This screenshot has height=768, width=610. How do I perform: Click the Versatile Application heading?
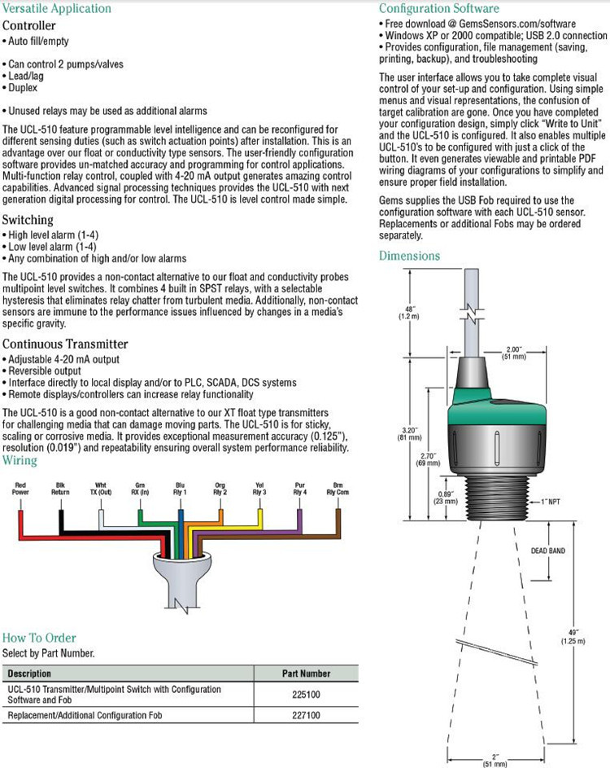click(x=57, y=8)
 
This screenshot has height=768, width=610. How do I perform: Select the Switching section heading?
click(x=28, y=220)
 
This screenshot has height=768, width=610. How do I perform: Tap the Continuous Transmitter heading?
click(x=65, y=344)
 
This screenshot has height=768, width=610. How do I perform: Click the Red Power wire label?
click(x=20, y=488)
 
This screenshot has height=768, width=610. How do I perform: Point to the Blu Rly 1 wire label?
click(x=181, y=488)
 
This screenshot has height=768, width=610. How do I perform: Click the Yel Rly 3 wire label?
click(x=259, y=488)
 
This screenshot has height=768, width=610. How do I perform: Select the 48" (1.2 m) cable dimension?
click(x=407, y=312)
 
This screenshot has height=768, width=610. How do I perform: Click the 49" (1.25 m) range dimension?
click(x=570, y=638)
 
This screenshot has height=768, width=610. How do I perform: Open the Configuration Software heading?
click(x=440, y=8)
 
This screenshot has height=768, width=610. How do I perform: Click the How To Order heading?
click(x=39, y=638)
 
